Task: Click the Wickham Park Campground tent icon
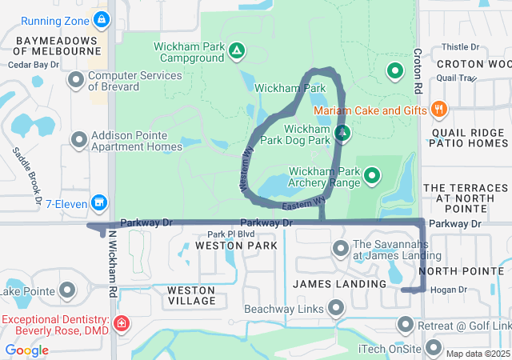pyautogui.click(x=237, y=52)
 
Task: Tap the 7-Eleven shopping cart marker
pyautogui.click(x=99, y=202)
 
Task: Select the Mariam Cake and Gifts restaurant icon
pyautogui.click(x=438, y=110)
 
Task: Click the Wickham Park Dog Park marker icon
pyautogui.click(x=342, y=132)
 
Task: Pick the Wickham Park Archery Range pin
pyautogui.click(x=372, y=174)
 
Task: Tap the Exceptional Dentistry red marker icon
pyautogui.click(x=121, y=324)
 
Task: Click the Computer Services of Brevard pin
pyautogui.click(x=76, y=79)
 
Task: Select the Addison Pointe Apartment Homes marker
pyautogui.click(x=79, y=140)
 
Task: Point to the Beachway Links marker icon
pyautogui.click(x=336, y=308)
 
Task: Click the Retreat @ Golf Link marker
pyautogui.click(x=406, y=325)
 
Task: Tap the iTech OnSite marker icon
pyautogui.click(x=434, y=347)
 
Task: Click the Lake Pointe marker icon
pyautogui.click(x=67, y=289)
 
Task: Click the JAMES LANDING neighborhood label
pyautogui.click(x=329, y=284)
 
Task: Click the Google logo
pyautogui.click(x=26, y=350)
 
